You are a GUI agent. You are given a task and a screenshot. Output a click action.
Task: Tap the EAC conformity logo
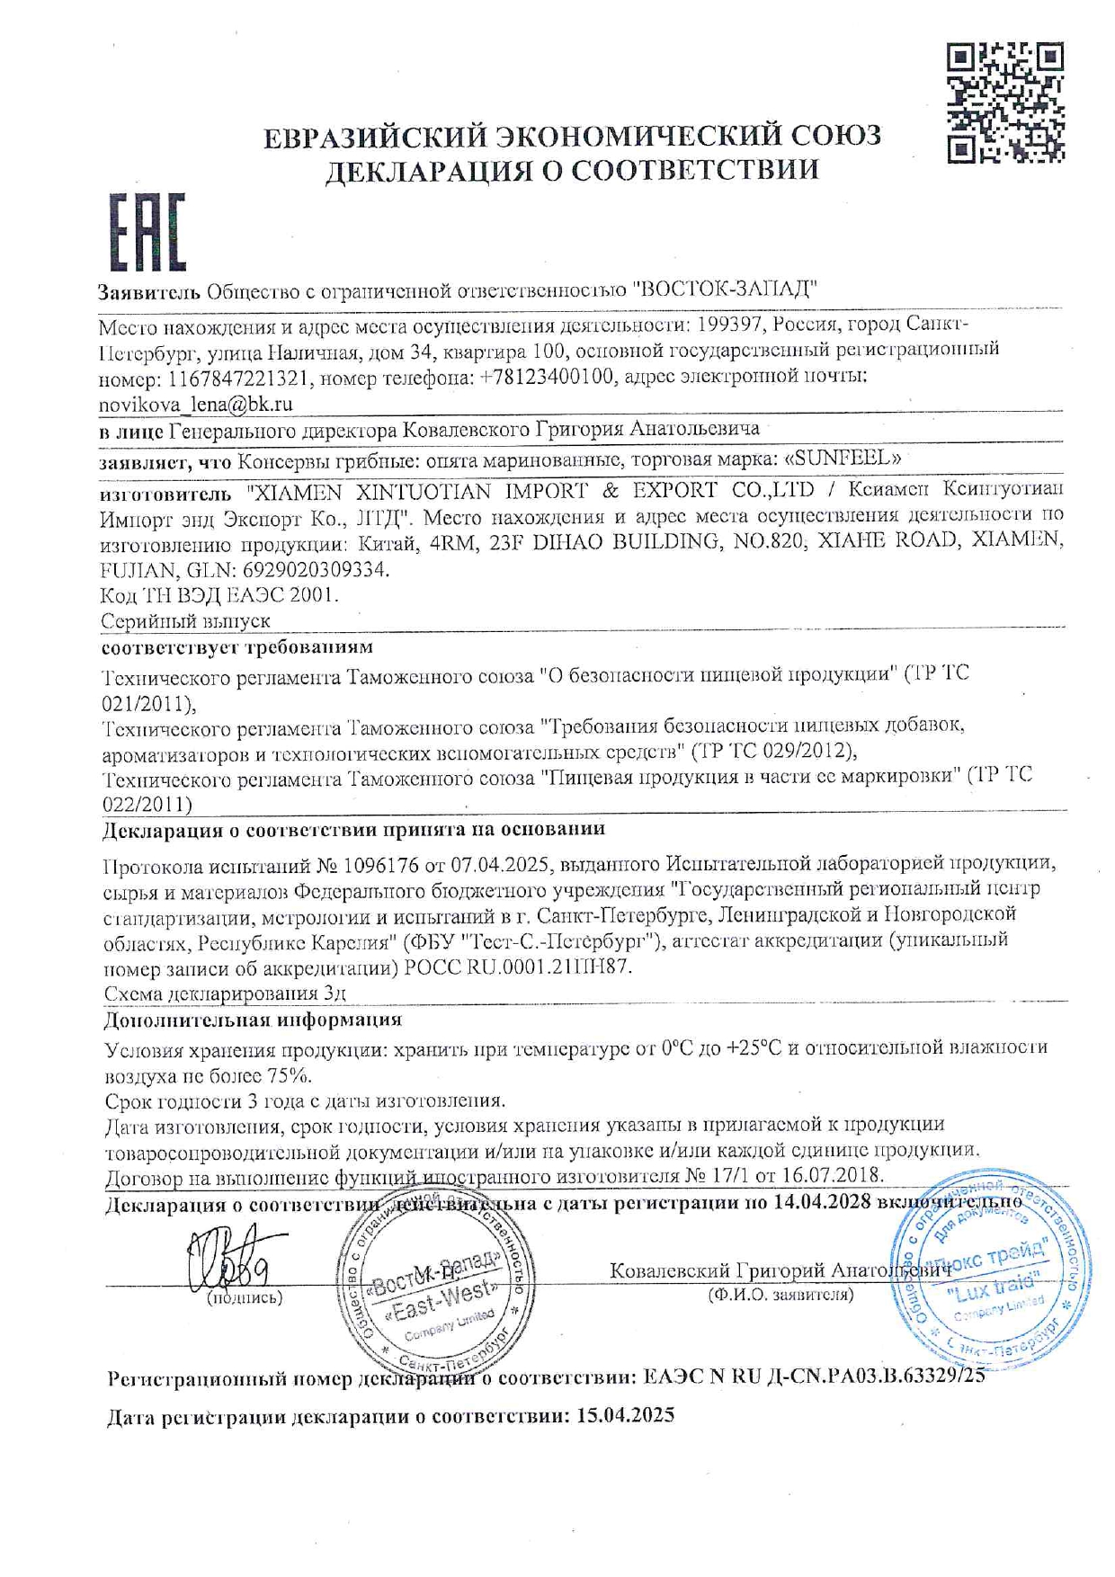[147, 232]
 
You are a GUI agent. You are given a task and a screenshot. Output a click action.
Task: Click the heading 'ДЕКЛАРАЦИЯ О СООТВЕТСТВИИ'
[572, 170]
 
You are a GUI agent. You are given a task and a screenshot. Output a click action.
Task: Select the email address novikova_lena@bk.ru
[195, 404]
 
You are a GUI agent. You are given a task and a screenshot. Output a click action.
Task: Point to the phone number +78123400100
[549, 377]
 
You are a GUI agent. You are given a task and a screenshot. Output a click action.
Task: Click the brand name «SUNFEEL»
[843, 458]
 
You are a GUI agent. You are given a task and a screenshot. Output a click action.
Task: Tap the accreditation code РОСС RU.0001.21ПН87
[520, 967]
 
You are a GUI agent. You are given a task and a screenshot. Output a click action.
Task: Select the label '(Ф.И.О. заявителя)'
[780, 1295]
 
